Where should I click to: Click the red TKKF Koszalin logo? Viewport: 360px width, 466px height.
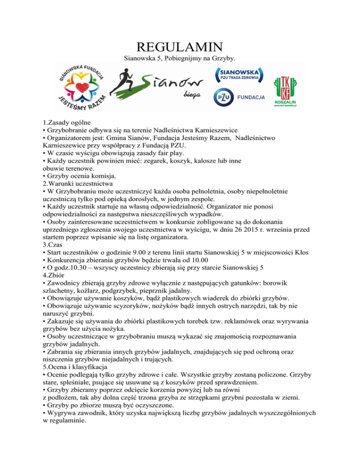click(x=288, y=83)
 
